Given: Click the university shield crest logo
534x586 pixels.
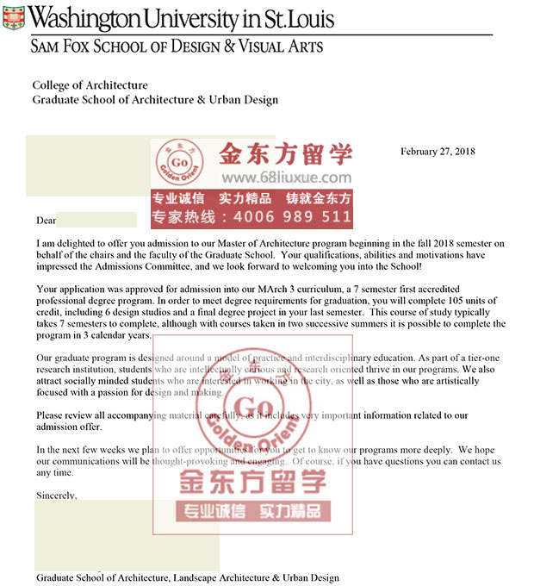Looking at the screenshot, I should pyautogui.click(x=14, y=17).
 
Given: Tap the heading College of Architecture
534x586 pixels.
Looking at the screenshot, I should pyautogui.click(x=90, y=85).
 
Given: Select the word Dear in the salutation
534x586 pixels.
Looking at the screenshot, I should pyautogui.click(x=46, y=221).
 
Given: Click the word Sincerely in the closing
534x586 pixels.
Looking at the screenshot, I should pyautogui.click(x=56, y=496).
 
